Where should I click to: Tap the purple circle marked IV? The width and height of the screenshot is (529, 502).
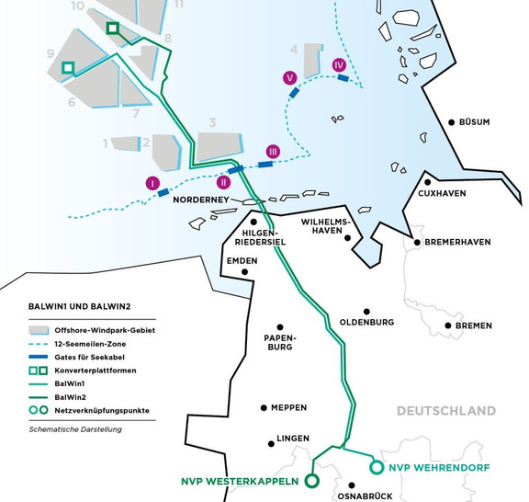tap(339, 64)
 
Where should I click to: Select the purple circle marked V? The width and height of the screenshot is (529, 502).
tap(290, 79)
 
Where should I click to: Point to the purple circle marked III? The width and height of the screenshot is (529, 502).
tap(273, 151)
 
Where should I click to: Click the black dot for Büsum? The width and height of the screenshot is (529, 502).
tap(453, 121)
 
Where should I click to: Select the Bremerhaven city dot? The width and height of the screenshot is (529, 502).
tap(418, 243)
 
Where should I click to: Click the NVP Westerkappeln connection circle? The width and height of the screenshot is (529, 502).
tap(311, 480)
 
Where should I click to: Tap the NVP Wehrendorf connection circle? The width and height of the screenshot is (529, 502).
tap(375, 468)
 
